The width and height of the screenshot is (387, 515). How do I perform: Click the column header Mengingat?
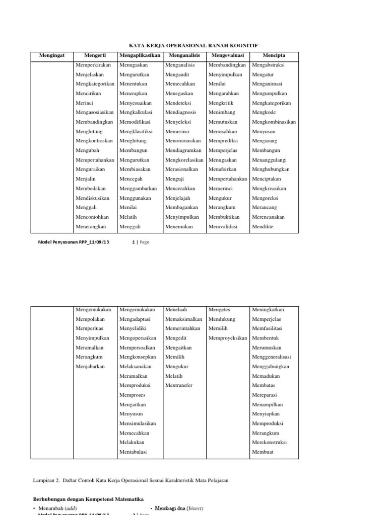point(52,55)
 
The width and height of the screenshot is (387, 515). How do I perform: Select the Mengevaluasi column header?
point(229,55)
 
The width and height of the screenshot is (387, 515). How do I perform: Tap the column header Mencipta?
point(275,55)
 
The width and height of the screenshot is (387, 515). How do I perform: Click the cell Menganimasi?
point(267,84)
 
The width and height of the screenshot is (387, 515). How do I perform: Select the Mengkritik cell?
point(222,103)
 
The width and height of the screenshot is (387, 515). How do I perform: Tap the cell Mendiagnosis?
point(181,113)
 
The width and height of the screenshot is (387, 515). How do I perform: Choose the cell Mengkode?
point(264,113)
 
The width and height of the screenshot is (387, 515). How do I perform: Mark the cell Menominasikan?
point(183,141)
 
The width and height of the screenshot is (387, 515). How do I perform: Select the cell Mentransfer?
point(179,386)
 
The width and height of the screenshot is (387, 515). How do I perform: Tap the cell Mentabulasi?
point(133,452)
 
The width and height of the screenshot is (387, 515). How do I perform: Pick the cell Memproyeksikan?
point(228,338)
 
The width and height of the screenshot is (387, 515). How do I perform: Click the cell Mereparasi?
point(265,395)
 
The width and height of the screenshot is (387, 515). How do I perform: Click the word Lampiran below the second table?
point(43,480)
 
